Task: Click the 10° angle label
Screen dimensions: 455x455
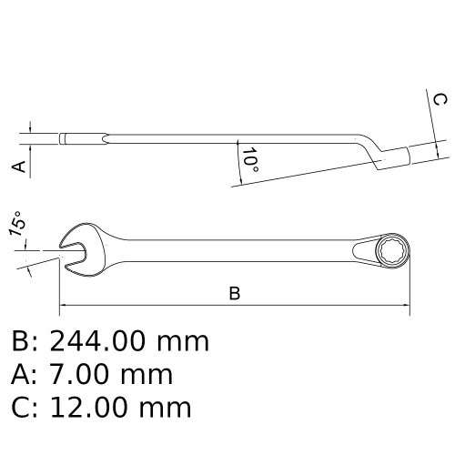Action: click(250, 160)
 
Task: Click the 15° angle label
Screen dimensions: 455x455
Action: click(17, 224)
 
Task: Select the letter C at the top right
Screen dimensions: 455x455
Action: click(440, 99)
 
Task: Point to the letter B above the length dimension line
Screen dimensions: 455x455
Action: click(235, 293)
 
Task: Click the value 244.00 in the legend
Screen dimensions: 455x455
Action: click(96, 341)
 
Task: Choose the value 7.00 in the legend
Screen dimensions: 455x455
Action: click(77, 375)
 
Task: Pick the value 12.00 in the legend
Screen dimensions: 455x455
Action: click(88, 408)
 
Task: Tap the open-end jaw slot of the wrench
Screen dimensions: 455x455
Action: click(74, 250)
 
